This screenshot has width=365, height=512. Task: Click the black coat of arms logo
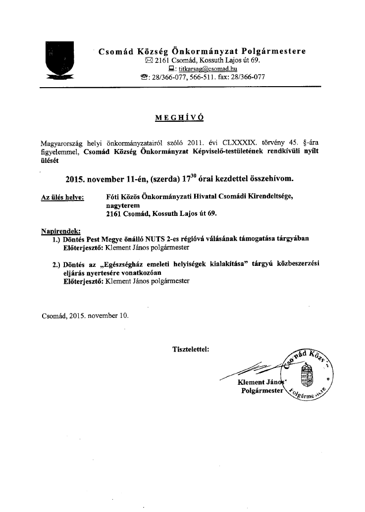(x=59, y=61)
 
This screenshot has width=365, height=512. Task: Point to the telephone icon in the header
(x=145, y=77)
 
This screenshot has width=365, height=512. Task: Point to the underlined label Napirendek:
(x=60, y=231)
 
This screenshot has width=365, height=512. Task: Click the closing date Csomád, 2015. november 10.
(x=84, y=313)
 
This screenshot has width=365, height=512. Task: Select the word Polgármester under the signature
(x=262, y=391)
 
